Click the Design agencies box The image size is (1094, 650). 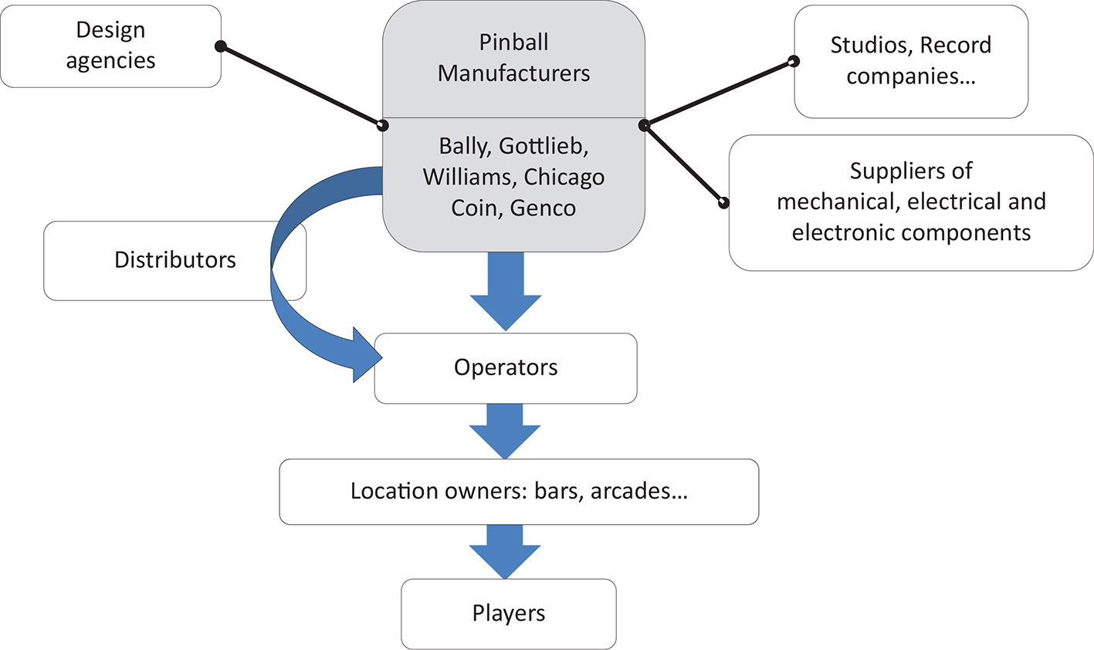pyautogui.click(x=110, y=46)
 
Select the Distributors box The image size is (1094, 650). pyautogui.click(x=174, y=260)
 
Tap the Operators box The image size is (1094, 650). pyautogui.click(x=506, y=367)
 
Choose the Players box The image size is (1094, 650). pyautogui.click(x=509, y=614)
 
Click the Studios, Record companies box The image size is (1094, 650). pyautogui.click(x=911, y=61)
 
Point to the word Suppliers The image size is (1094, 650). pyautogui.click(x=911, y=171)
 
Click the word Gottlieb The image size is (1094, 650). pyautogui.click(x=544, y=146)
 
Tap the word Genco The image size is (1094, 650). pyautogui.click(x=543, y=208)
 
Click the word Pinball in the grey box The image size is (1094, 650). pyautogui.click(x=513, y=42)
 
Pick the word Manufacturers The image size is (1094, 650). pyautogui.click(x=513, y=73)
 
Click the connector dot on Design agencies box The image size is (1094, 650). pyautogui.click(x=220, y=46)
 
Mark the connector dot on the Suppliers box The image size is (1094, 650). pyautogui.click(x=723, y=203)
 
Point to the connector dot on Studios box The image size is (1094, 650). pyautogui.click(x=793, y=61)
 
